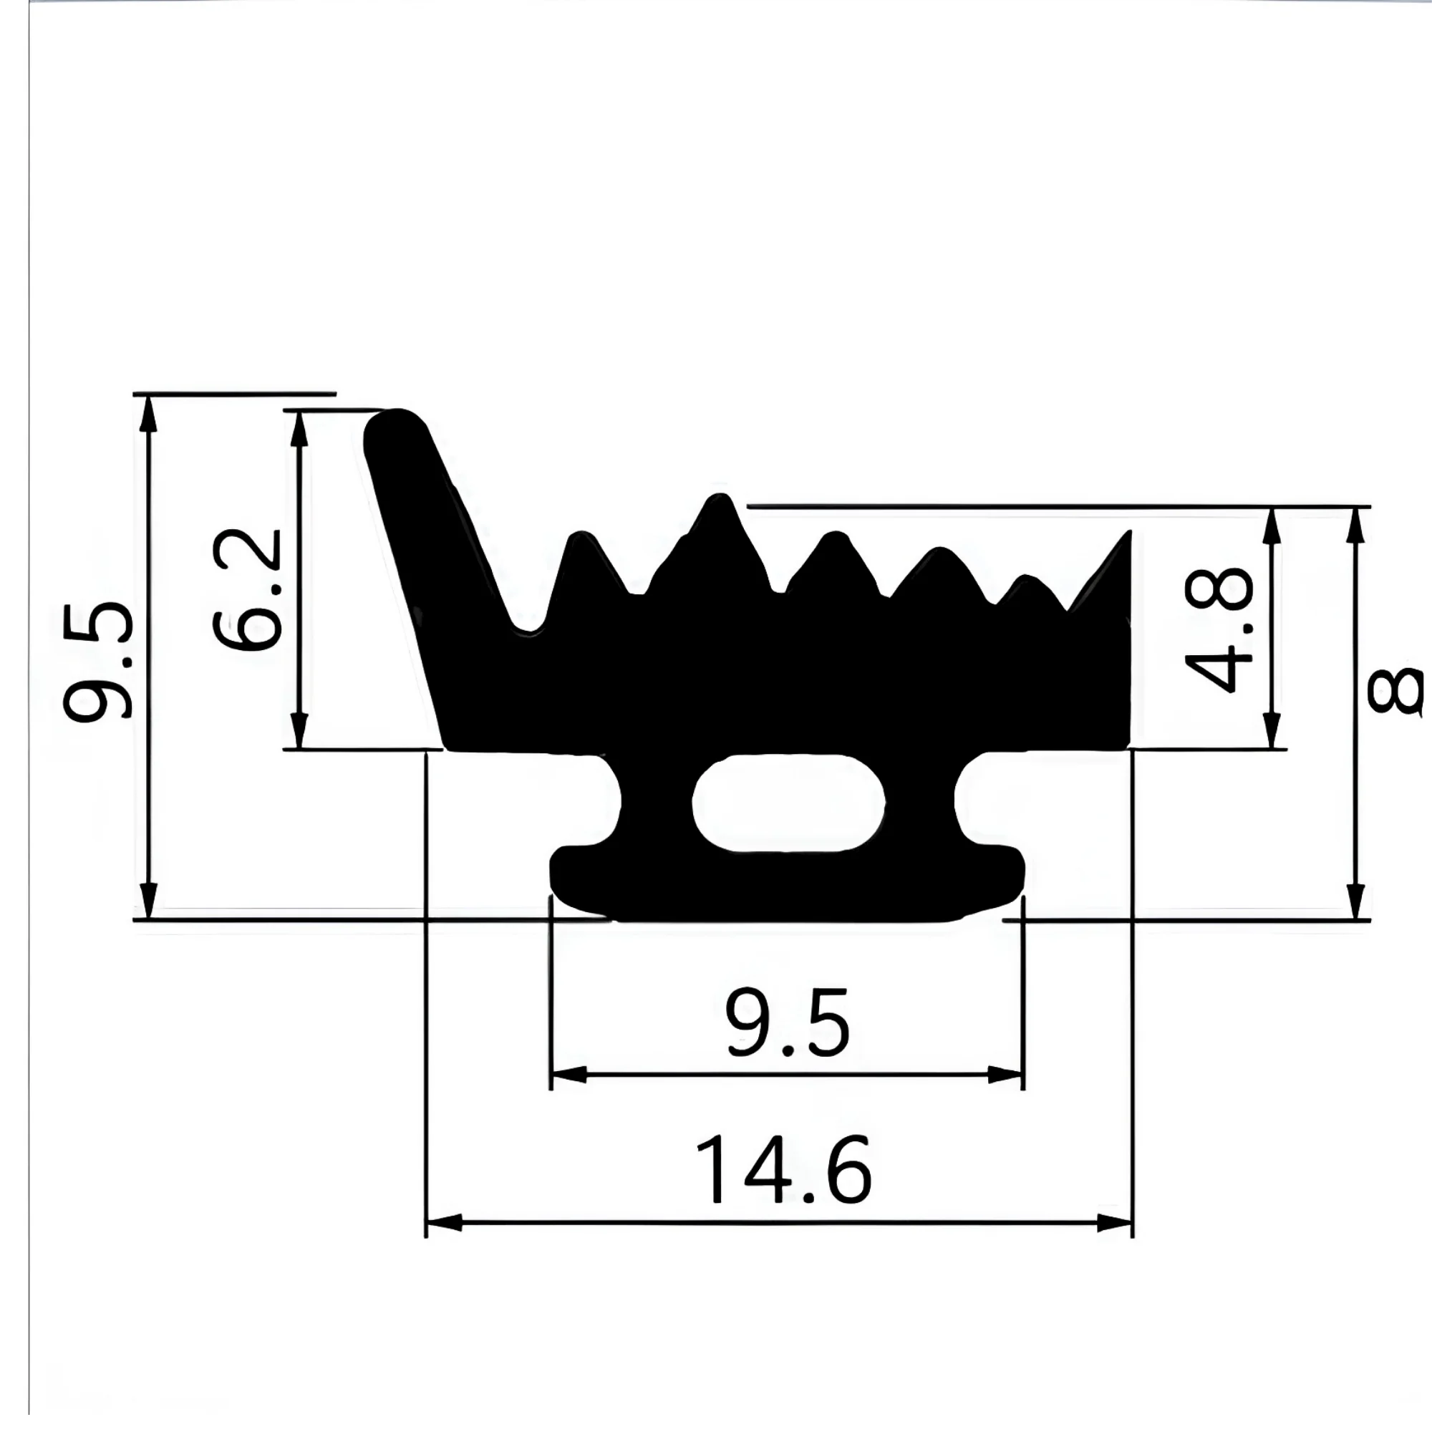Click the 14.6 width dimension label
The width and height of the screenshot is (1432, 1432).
point(783,1171)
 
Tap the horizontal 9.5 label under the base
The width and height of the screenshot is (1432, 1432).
point(787,1024)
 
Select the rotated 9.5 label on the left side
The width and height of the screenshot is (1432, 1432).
point(98,661)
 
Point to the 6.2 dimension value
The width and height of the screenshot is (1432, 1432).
point(246,590)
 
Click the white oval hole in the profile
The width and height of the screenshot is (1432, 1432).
point(788,803)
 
